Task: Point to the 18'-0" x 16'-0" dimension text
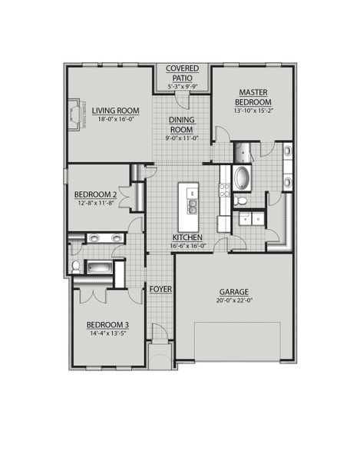click(x=114, y=119)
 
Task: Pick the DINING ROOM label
click(x=183, y=124)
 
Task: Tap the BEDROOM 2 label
click(x=95, y=194)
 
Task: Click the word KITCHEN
click(x=187, y=237)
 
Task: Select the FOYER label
click(x=160, y=289)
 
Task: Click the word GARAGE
click(x=233, y=292)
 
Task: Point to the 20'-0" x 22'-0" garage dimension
click(x=233, y=302)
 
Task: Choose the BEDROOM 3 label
click(x=107, y=325)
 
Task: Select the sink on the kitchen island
click(x=191, y=206)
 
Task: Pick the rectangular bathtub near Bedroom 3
click(x=98, y=267)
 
